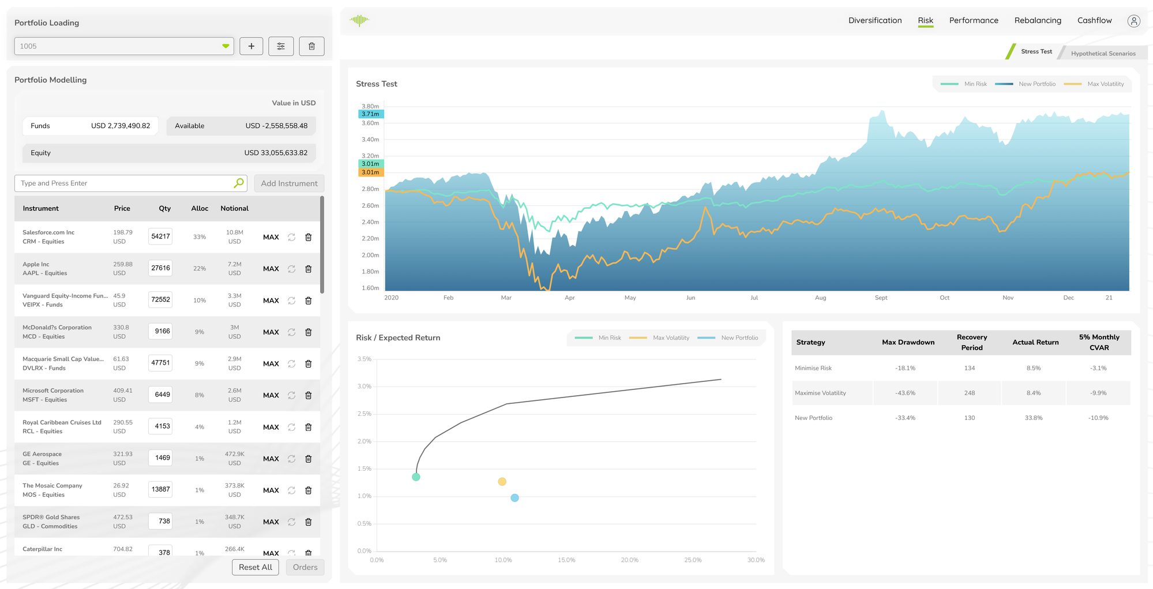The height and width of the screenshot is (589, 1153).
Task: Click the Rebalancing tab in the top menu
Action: (x=1037, y=21)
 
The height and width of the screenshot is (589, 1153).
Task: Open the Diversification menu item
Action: (x=874, y=21)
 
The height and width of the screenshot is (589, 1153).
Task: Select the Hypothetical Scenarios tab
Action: (x=1103, y=54)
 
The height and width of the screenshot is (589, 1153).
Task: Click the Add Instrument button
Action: (x=289, y=183)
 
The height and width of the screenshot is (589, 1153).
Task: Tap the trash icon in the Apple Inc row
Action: (x=309, y=269)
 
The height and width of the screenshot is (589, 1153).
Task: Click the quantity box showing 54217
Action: (x=160, y=237)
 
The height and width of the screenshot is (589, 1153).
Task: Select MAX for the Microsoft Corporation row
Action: (x=271, y=396)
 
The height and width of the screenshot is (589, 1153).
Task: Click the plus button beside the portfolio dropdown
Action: (x=251, y=46)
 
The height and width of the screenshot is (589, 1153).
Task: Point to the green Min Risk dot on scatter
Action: (x=416, y=477)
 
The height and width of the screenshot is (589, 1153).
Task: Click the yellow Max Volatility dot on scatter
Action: (x=502, y=482)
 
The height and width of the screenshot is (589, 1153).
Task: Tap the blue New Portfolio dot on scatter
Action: (x=514, y=498)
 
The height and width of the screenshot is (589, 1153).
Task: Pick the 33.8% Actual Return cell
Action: (x=1033, y=418)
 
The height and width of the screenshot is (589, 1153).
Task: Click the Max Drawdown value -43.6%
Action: (x=905, y=393)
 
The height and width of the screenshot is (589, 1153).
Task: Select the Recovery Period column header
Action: (x=971, y=343)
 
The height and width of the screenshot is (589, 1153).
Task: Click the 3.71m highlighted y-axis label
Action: (x=370, y=114)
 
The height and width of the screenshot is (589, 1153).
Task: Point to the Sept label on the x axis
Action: (x=881, y=298)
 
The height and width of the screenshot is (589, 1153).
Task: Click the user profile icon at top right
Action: (x=1133, y=21)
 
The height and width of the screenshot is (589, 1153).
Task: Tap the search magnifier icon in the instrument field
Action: (x=239, y=183)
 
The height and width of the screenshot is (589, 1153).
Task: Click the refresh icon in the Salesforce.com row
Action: (x=292, y=237)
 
